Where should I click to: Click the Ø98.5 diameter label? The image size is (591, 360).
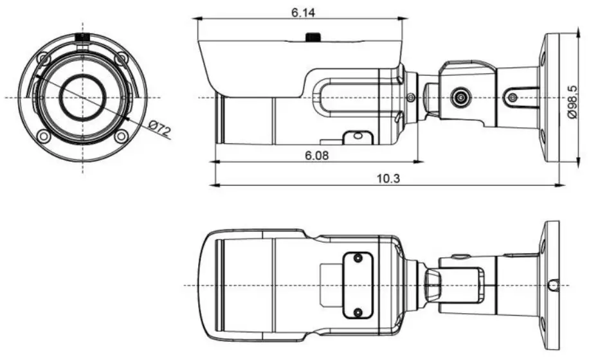[572, 98]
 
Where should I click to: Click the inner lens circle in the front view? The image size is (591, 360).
[82, 98]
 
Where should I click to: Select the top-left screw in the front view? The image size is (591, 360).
[43, 59]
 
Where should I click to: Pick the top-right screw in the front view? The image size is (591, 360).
[120, 59]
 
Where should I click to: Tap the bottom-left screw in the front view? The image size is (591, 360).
[43, 136]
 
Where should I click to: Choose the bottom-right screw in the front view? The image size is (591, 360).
[120, 136]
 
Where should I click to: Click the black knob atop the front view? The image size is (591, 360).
[82, 37]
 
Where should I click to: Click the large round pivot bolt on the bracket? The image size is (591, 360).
[459, 98]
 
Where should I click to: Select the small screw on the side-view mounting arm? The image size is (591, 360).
[512, 98]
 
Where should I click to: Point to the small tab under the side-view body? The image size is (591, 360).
[356, 137]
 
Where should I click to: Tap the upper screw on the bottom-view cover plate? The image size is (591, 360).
[358, 258]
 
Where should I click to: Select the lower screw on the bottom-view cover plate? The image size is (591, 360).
[358, 312]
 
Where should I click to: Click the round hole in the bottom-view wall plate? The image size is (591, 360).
[553, 284]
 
